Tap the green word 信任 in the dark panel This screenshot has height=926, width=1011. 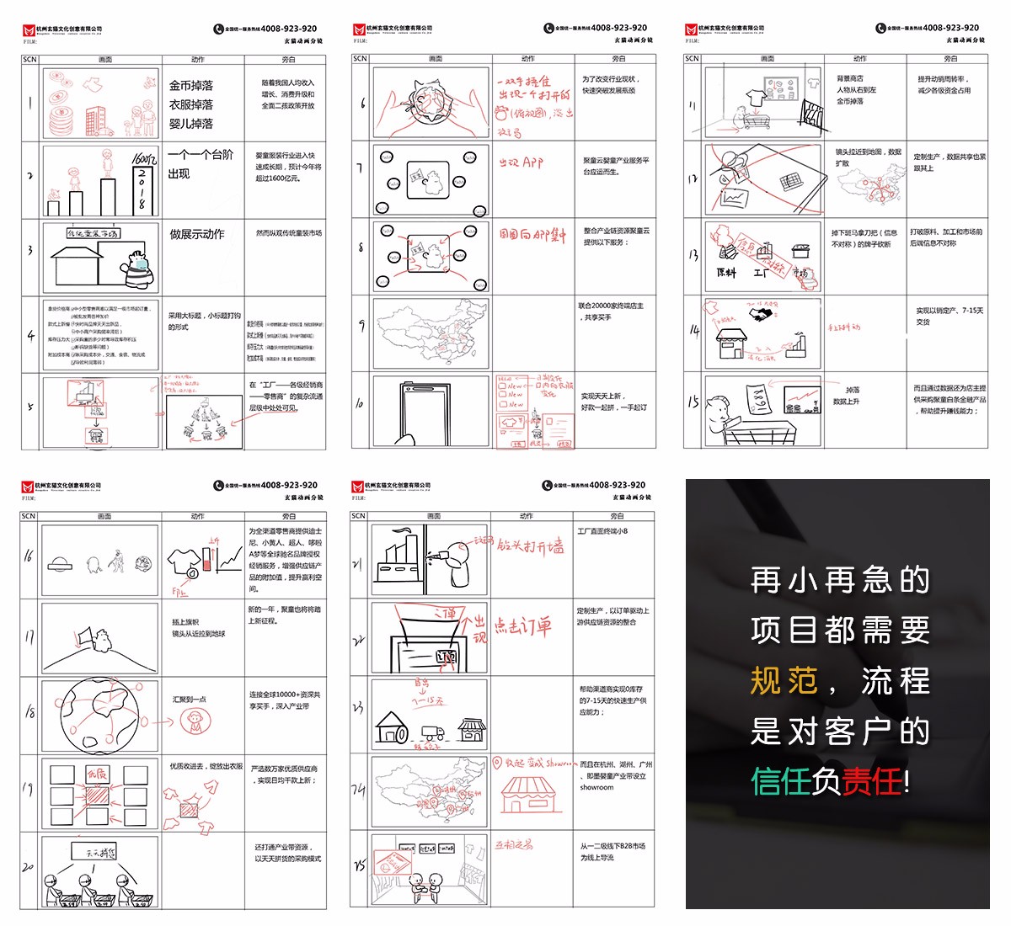pyautogui.click(x=781, y=782)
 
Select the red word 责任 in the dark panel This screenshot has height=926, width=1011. pyautogui.click(x=871, y=782)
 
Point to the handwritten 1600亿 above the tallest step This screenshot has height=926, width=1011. pyautogui.click(x=144, y=159)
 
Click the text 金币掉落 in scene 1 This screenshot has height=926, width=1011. pyautogui.click(x=191, y=86)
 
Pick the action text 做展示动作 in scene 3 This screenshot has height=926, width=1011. pyautogui.click(x=197, y=234)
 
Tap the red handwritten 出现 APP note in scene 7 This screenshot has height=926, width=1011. pyautogui.click(x=521, y=162)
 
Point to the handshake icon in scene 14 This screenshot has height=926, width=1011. pyautogui.click(x=762, y=314)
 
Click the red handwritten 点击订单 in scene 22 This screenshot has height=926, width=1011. pyautogui.click(x=522, y=626)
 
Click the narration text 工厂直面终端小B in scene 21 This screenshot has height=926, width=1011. pyautogui.click(x=602, y=531)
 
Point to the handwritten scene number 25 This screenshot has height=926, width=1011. pyautogui.click(x=359, y=865)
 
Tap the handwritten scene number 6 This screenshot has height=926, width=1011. pyautogui.click(x=362, y=104)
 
